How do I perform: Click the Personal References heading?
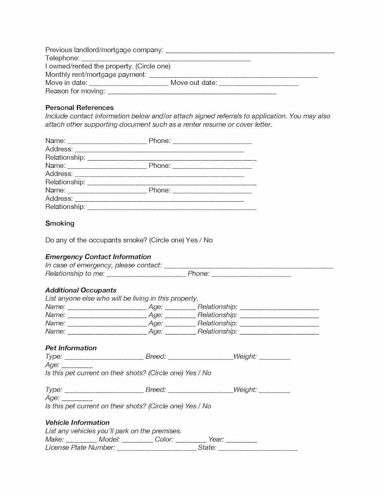coord(79,108)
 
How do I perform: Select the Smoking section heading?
coord(60,223)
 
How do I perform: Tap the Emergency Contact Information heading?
coord(98,257)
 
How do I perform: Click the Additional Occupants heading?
coord(81,290)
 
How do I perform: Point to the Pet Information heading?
coord(71,348)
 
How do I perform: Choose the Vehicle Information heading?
coord(77,422)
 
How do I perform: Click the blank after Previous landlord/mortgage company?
coord(250,50)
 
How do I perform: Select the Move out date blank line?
coord(258,83)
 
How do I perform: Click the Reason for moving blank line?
coord(192,91)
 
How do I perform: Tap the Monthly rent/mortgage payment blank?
coord(233,75)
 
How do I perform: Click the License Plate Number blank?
coord(156,448)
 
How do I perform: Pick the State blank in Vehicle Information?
coord(258,448)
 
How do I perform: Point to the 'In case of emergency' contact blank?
coord(248,265)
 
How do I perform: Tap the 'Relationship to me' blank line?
coord(146,274)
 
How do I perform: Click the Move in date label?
coord(66,83)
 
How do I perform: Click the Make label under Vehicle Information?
coord(55,439)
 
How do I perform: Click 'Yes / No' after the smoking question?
coord(199,240)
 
